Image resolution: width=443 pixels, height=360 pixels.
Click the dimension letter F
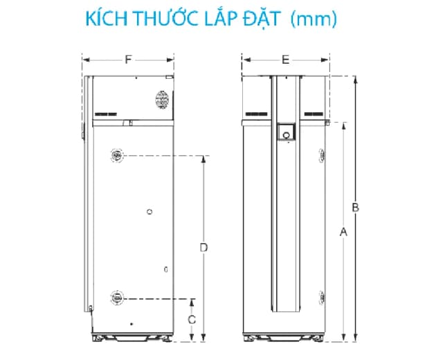129,60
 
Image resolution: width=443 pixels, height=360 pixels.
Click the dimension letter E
285,60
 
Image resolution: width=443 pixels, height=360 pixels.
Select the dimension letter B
354,207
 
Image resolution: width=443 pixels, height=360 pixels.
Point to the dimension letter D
203,246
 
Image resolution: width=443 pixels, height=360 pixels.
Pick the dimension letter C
193,319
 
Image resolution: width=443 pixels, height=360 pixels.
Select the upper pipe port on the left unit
116,156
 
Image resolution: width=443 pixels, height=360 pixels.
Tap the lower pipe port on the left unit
116,298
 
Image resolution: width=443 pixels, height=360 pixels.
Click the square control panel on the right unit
284,131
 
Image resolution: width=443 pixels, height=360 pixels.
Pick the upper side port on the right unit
320,156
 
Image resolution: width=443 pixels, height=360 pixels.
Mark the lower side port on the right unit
320,296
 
